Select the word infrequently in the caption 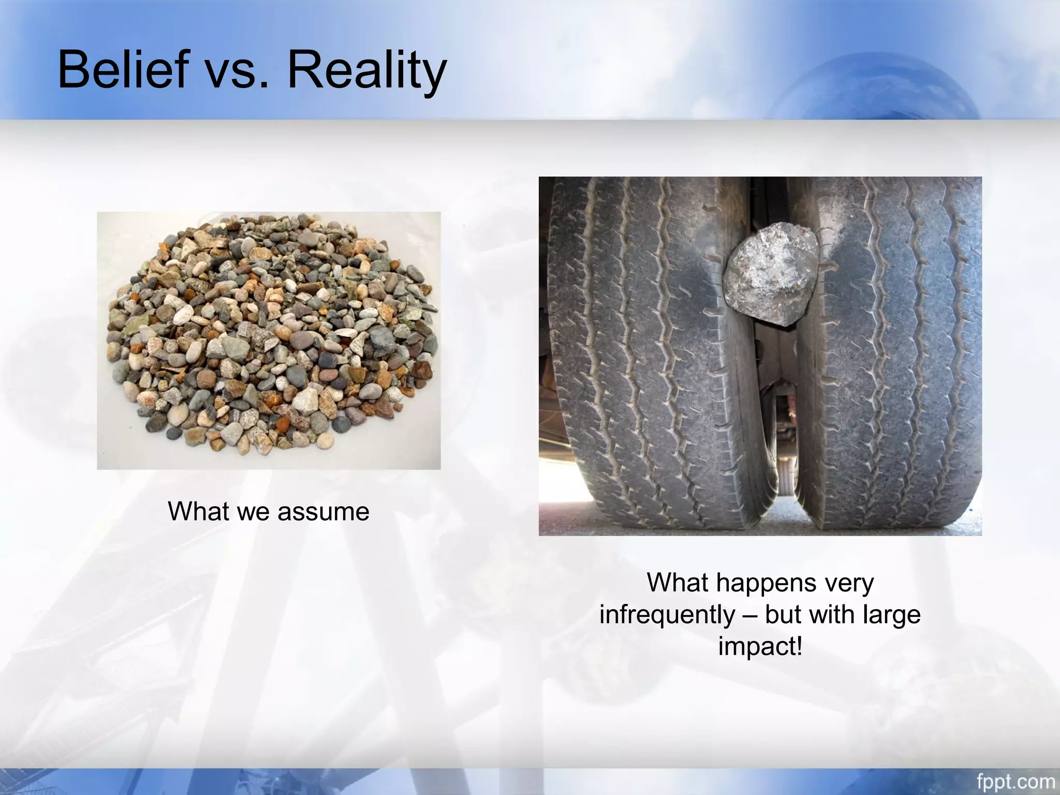click(667, 615)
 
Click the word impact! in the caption click(760, 646)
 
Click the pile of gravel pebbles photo click(269, 340)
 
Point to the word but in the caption click(784, 615)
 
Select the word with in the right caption click(833, 615)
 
